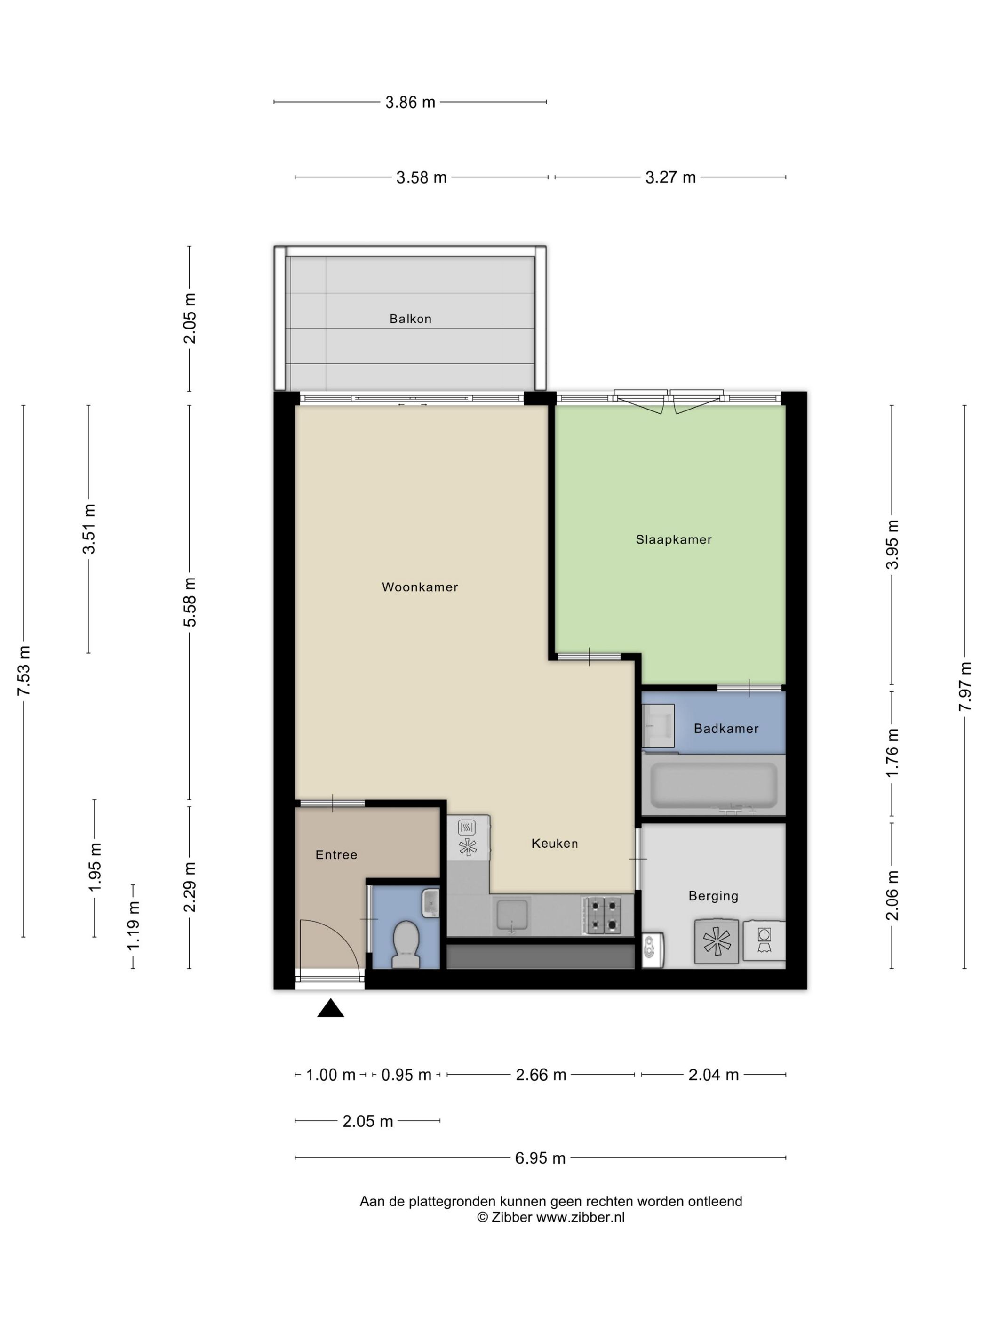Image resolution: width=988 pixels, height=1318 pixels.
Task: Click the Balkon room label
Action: pos(410,319)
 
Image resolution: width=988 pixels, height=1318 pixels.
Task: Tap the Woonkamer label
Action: pos(420,587)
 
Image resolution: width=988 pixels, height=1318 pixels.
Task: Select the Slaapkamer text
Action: pos(674,539)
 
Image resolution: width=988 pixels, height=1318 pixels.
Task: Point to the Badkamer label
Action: pos(726,728)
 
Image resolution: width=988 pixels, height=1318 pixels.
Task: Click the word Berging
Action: pos(713,896)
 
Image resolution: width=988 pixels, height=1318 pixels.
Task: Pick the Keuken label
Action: pos(554,843)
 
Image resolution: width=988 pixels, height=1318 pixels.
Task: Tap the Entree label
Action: pos(336,854)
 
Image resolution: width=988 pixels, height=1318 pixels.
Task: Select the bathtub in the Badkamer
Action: pos(713,785)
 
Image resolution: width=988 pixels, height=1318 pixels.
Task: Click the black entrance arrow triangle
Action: pos(331,1008)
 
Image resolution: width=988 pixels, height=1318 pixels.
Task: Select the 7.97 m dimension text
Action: pos(965,686)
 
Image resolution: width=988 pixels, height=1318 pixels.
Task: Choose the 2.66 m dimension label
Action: pos(541,1074)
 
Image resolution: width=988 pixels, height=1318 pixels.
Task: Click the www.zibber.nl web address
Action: pos(580,1217)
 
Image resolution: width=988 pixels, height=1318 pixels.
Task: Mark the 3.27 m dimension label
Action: pos(670,177)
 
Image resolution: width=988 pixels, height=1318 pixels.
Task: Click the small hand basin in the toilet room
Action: pos(430,903)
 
